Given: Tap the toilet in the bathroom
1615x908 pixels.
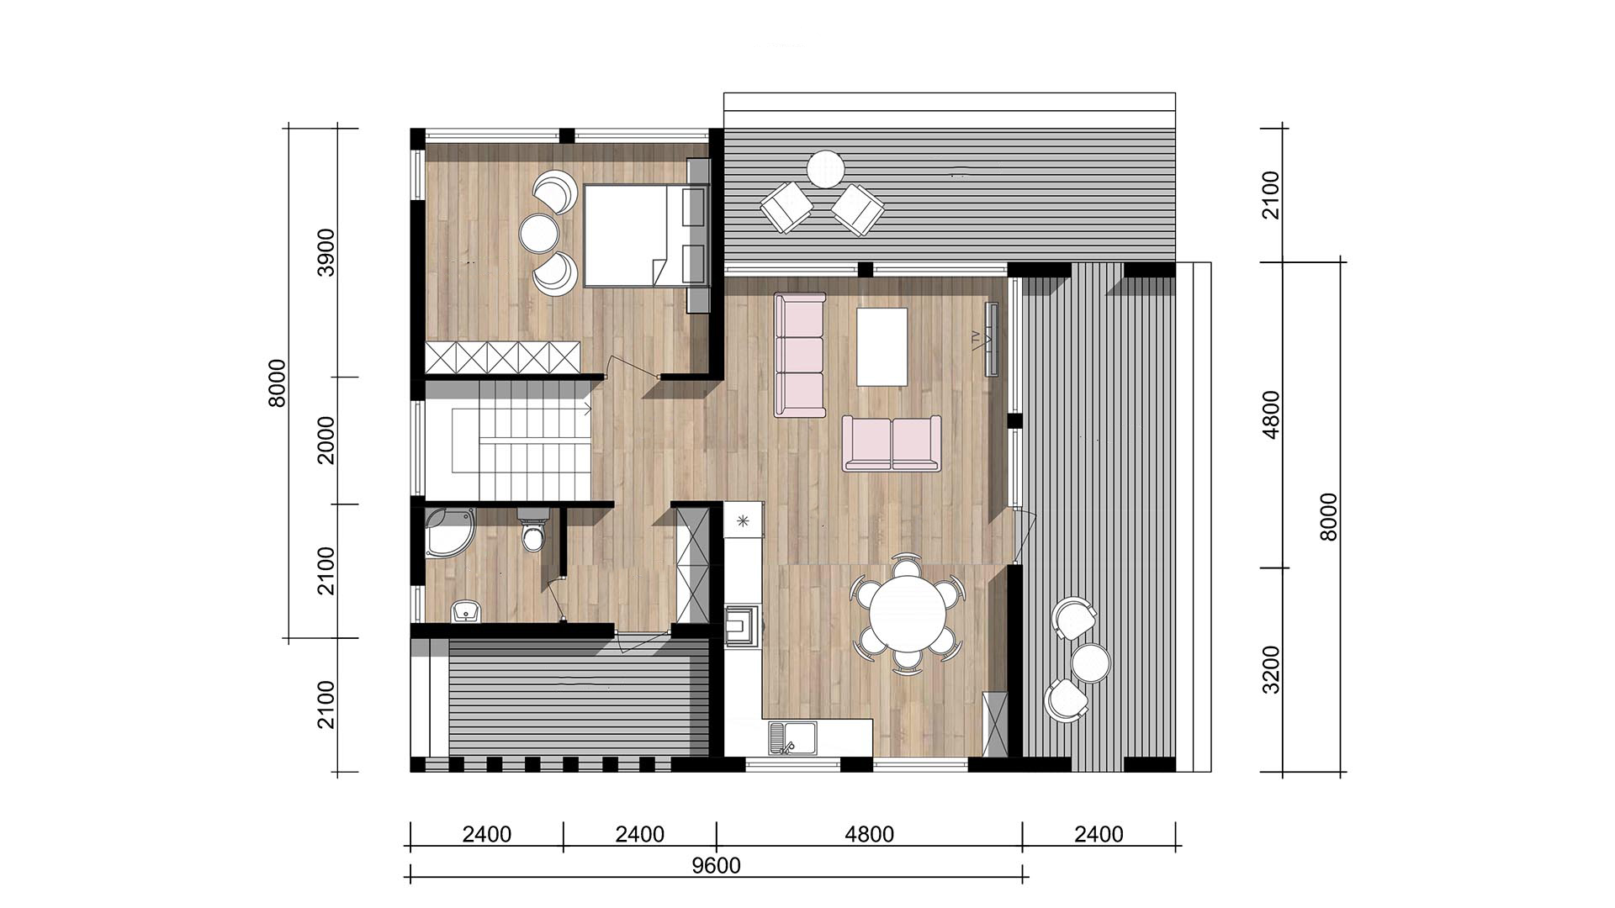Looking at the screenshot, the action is (533, 529).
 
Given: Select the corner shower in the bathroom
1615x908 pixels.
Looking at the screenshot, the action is (449, 532).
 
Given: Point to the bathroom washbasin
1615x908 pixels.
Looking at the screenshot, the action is (466, 611).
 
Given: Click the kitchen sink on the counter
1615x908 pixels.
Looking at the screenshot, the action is (792, 737).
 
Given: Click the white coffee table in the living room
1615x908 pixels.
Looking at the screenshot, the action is (882, 346).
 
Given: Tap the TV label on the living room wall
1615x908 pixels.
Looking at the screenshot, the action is (976, 339).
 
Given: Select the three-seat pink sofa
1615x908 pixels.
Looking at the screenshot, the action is (800, 354).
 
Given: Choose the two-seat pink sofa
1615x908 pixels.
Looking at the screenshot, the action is (892, 443).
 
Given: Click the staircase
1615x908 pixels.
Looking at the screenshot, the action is (509, 441).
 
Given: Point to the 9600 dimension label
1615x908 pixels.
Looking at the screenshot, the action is (716, 865).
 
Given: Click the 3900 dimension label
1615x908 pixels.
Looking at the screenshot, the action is (326, 251).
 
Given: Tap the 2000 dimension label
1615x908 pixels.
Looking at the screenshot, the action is (326, 440).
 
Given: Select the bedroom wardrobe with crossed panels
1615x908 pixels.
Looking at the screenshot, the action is (503, 357).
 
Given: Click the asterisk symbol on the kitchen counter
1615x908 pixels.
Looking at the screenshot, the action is (743, 521).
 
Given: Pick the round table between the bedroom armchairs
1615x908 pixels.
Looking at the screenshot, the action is (539, 232).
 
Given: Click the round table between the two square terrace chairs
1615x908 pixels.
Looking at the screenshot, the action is (825, 169).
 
